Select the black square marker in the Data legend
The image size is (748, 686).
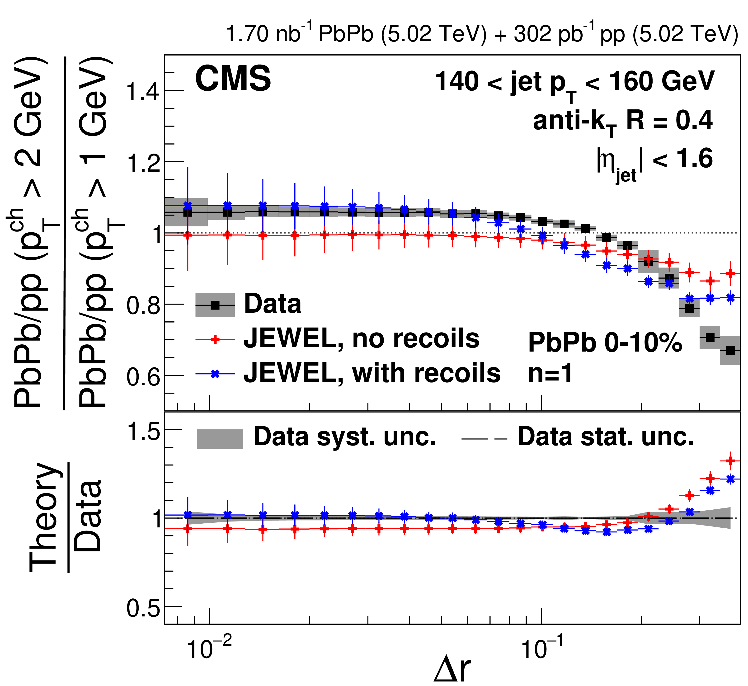click(x=215, y=305)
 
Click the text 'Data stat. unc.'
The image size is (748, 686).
click(x=606, y=437)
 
